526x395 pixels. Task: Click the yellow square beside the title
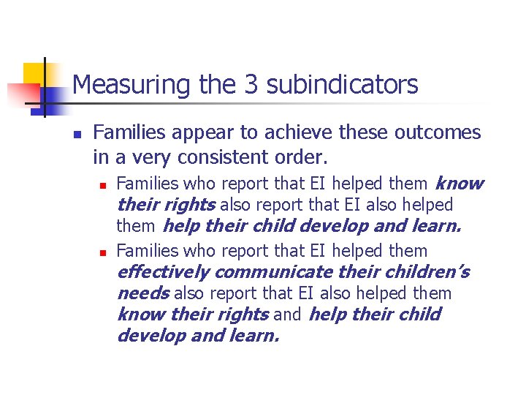click(x=34, y=73)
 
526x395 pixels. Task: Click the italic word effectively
click(x=163, y=272)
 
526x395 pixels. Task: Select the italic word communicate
click(x=273, y=272)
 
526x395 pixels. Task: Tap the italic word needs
click(x=142, y=293)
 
